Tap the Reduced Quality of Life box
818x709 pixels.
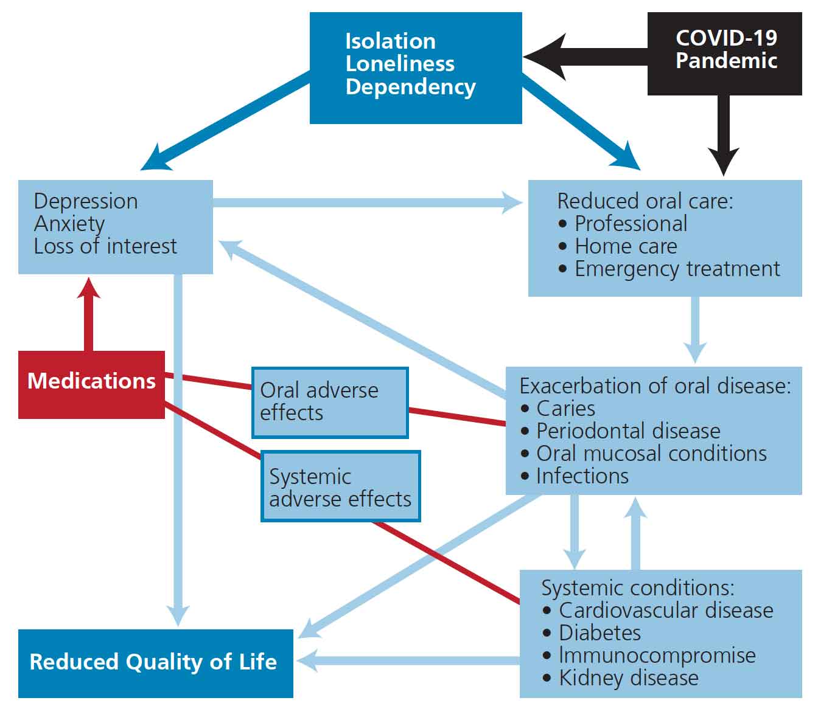[155, 662]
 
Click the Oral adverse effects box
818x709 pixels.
[329, 402]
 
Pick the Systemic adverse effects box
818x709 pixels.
[340, 487]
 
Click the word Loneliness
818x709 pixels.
[400, 64]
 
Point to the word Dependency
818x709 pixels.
[410, 86]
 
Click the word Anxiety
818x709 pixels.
[69, 224]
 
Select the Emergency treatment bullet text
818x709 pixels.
[677, 269]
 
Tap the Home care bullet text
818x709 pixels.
[626, 246]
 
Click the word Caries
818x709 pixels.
[565, 409]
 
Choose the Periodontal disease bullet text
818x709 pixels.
[628, 431]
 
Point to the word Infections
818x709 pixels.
[582, 476]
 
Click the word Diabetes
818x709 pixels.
[600, 633]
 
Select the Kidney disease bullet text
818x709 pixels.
[629, 678]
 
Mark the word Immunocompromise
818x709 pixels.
[657, 655]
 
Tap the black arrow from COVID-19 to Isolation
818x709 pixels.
[584, 57]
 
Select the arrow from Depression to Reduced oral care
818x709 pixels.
[365, 202]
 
